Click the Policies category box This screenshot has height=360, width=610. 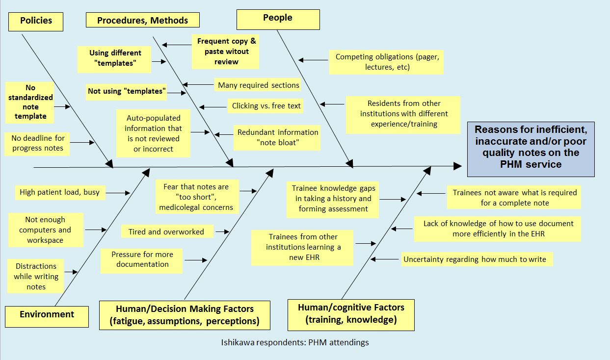[x=36, y=21]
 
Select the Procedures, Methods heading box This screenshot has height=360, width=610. [x=142, y=20]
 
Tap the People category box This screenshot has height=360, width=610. [x=278, y=18]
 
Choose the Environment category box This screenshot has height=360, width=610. [x=47, y=314]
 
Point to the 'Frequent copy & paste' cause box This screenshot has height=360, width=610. [x=227, y=51]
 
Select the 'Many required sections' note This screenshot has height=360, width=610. [x=258, y=85]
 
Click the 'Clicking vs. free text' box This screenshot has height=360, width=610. [x=266, y=105]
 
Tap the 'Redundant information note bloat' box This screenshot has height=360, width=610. [x=278, y=137]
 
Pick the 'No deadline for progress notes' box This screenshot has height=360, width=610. [x=38, y=143]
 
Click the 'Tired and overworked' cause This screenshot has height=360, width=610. [x=166, y=231]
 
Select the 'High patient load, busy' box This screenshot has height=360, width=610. [x=59, y=192]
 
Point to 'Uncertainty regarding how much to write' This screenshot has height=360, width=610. [x=474, y=259]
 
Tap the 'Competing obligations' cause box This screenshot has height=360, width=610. [x=387, y=62]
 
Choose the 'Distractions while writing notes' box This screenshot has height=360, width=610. [x=36, y=276]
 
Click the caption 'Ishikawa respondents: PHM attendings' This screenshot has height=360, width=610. [x=294, y=342]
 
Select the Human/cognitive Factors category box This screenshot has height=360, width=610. [x=351, y=313]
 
